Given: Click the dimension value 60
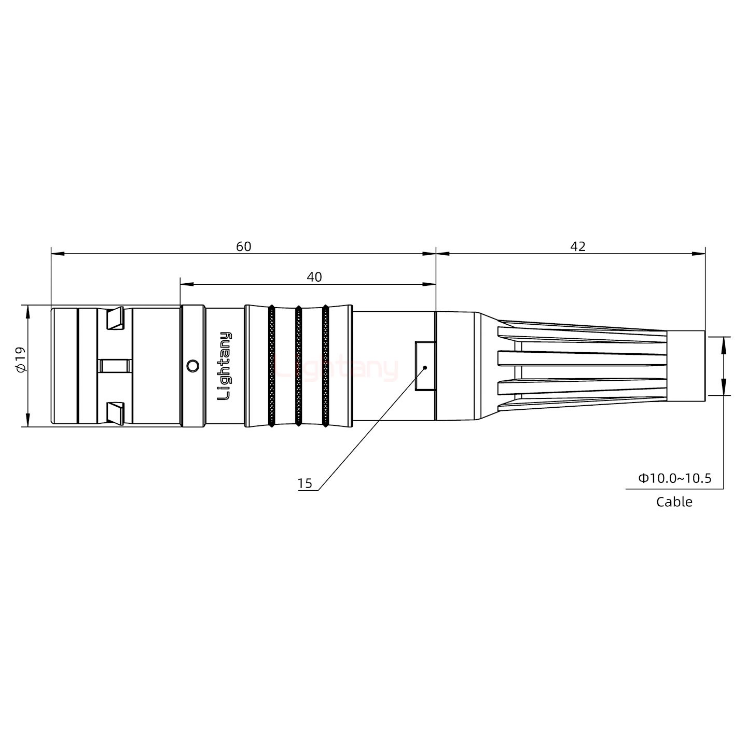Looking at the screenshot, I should (243, 246).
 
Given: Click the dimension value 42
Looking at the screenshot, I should (577, 246).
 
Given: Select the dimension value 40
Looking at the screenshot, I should (314, 277).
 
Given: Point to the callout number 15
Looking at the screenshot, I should (305, 483).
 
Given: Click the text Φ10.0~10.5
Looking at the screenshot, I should (674, 478).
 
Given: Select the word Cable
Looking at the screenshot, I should (674, 502).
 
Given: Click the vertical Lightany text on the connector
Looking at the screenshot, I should (225, 366).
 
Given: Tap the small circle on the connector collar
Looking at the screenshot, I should (192, 366).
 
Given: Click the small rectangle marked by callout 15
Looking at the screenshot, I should (425, 366).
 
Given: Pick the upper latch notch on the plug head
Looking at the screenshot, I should (115, 319).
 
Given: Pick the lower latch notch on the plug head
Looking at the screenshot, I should (115, 412).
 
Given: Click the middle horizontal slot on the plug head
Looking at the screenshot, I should (115, 366).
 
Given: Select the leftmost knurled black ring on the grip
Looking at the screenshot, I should (271, 366).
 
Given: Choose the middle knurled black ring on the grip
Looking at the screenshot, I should (298, 366).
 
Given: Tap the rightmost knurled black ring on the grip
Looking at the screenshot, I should (325, 366).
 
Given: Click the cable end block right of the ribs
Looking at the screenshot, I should (685, 366).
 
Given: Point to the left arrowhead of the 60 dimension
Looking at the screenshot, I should (57, 254).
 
